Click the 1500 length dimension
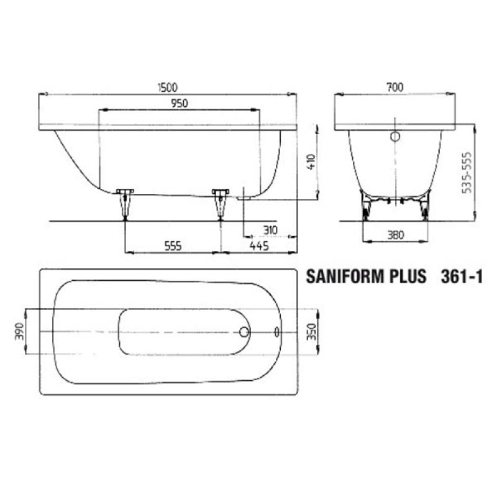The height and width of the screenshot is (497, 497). [168, 88]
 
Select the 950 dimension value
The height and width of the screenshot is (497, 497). [180, 103]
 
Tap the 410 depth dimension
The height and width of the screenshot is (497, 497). [312, 162]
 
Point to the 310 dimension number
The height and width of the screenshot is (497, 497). [270, 230]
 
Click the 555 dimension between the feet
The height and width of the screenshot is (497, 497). [173, 246]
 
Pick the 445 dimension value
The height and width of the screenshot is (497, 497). [259, 245]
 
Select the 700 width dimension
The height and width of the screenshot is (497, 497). [395, 87]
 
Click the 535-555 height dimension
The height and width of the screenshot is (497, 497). [467, 173]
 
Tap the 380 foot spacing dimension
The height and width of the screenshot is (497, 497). [396, 235]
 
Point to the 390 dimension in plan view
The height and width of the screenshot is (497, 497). [19, 332]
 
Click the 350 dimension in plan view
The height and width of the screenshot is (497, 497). [312, 332]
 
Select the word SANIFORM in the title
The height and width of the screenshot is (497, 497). [341, 276]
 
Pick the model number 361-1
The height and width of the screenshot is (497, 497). [462, 276]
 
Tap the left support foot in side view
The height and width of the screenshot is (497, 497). [125, 204]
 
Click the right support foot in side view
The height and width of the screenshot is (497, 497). [221, 204]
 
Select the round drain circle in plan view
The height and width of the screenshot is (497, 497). [244, 332]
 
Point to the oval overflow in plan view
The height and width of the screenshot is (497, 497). [276, 332]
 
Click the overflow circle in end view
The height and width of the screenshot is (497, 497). [395, 137]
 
